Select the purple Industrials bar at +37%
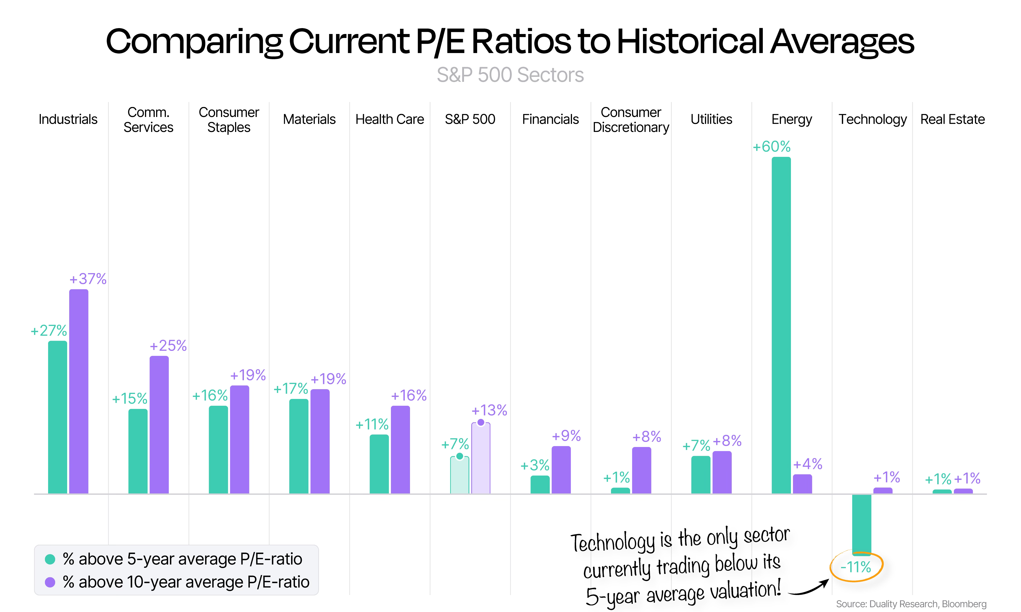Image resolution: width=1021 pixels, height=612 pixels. pos(79,391)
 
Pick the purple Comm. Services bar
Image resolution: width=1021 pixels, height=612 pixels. pos(159,425)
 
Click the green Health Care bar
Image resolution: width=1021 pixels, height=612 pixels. pos(379,464)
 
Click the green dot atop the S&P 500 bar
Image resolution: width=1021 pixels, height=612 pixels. pos(459,456)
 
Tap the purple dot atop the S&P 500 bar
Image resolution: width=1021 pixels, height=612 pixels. pos(481,422)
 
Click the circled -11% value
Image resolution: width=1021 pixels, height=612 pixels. pos(856,567)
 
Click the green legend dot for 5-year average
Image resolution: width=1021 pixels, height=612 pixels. pos(50,559)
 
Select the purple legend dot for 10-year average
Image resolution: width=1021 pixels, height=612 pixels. pos(50,582)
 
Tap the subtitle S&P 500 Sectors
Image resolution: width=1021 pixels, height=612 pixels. pos(510,75)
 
